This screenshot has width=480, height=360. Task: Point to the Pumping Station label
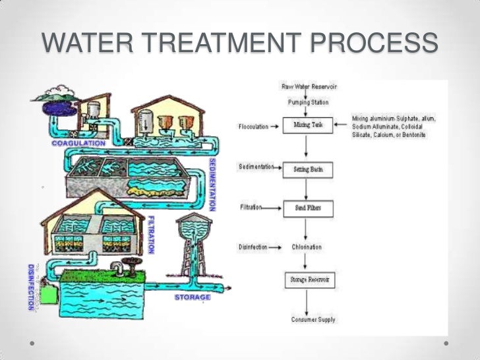[x=308, y=102]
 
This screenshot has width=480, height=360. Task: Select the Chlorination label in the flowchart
[x=307, y=247]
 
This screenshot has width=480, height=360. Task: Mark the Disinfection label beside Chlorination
[x=253, y=247]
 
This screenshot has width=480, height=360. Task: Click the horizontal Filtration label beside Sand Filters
[x=251, y=207]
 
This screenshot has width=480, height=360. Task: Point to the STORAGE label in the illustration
[x=193, y=297]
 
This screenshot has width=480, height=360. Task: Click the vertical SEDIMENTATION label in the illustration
[x=213, y=184]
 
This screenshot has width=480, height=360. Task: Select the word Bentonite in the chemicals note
[x=431, y=135]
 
